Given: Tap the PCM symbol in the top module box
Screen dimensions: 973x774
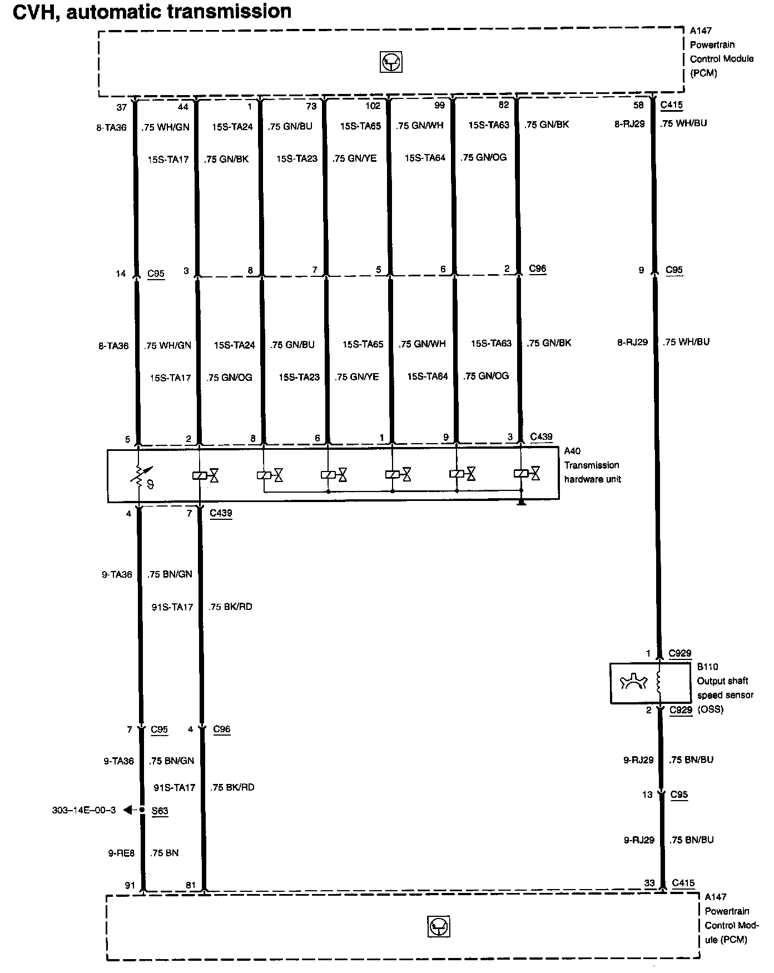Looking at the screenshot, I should coord(391,62).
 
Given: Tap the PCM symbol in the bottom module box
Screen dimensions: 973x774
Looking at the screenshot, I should coord(439,927).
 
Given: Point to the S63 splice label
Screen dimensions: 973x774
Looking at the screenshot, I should coord(160,811).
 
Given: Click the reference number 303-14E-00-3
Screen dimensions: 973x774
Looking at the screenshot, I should coord(84,810).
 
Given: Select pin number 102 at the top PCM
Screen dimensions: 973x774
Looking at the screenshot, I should coord(373,106).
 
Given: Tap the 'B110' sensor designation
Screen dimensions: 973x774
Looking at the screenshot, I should coord(708,667).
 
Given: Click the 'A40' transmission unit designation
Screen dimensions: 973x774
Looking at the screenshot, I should coord(573,451).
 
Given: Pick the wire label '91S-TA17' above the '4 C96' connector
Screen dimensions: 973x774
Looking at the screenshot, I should coord(172,607).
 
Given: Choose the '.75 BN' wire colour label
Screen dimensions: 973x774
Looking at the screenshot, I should coord(164,853).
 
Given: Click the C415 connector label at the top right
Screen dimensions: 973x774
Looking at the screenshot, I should coord(671,105).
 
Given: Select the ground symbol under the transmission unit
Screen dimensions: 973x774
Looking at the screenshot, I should coord(521,503).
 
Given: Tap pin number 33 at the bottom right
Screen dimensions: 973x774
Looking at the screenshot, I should coord(649,883).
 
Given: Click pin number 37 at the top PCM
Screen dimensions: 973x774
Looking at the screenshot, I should coord(122,107).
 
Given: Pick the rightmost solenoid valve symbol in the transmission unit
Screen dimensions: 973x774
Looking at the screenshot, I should coord(528,474).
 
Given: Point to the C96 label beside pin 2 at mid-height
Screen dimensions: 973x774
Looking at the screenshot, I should coord(537,269).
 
